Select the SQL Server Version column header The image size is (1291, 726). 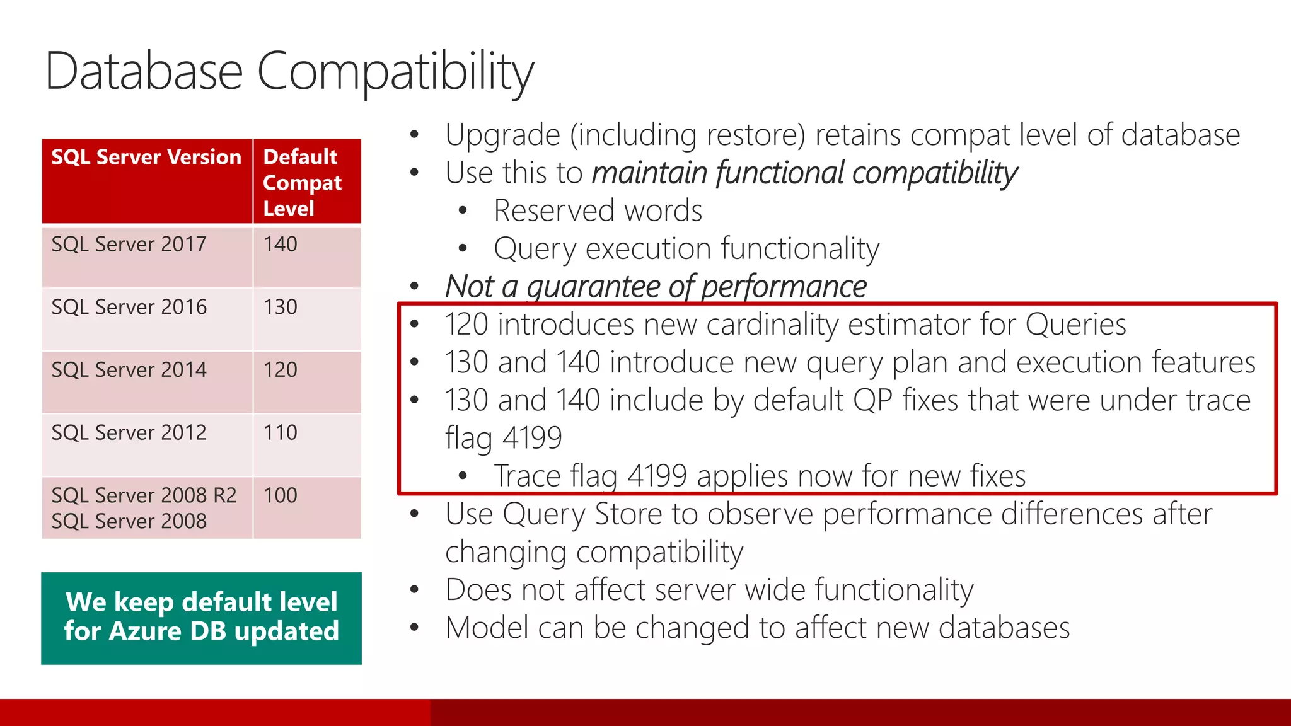tap(146, 157)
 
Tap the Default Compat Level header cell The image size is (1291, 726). tap(303, 182)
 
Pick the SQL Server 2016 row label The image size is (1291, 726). tap(129, 307)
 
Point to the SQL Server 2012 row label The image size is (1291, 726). tap(129, 433)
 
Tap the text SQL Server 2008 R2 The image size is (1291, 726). tap(144, 495)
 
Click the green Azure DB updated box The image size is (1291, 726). tap(201, 618)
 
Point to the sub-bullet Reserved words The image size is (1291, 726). tap(598, 211)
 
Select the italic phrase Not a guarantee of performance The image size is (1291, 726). tap(656, 287)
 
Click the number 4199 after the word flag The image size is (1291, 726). tap(532, 438)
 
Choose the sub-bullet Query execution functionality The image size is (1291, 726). tap(686, 249)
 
